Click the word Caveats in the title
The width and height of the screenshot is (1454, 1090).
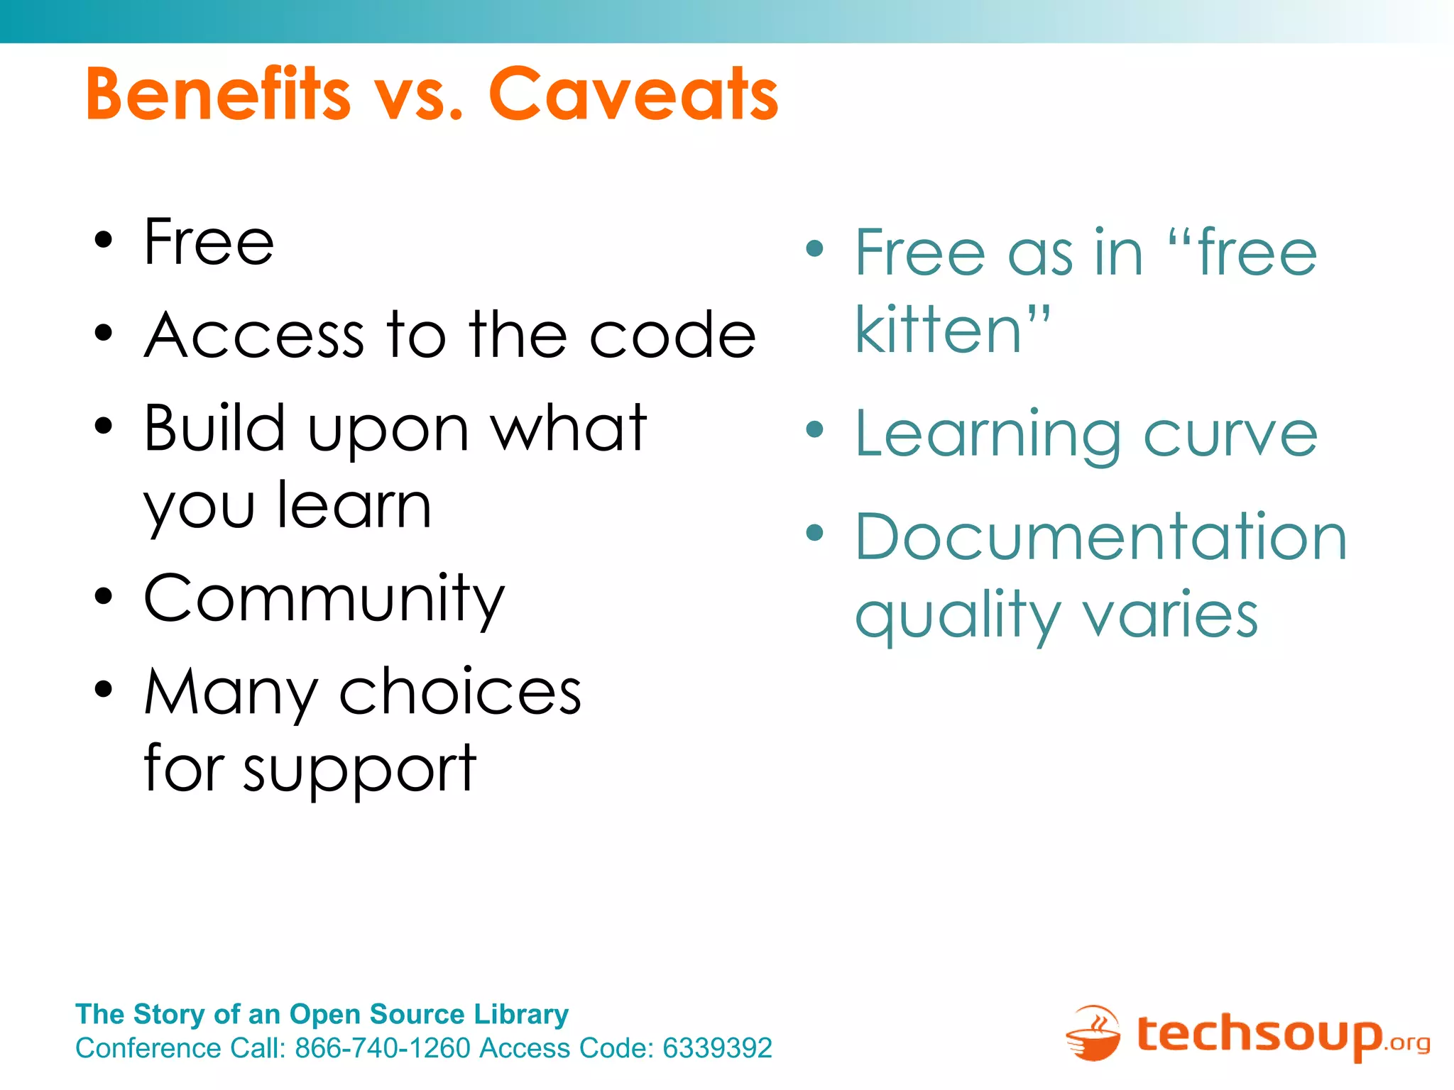pyautogui.click(x=633, y=94)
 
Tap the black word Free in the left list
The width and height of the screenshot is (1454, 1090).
pyautogui.click(x=209, y=243)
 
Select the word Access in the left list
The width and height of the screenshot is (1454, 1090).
pyautogui.click(x=254, y=335)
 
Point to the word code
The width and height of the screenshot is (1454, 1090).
pyautogui.click(x=672, y=335)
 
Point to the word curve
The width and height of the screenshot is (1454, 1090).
pyautogui.click(x=1230, y=435)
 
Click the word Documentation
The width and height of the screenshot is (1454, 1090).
pyautogui.click(x=1100, y=537)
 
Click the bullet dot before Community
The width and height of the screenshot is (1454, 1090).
pyautogui.click(x=104, y=596)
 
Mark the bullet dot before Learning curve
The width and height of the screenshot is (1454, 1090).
pyautogui.click(x=815, y=429)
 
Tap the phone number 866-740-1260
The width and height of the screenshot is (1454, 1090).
pyautogui.click(x=383, y=1048)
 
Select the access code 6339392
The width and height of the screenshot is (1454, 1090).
pyautogui.click(x=717, y=1048)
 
